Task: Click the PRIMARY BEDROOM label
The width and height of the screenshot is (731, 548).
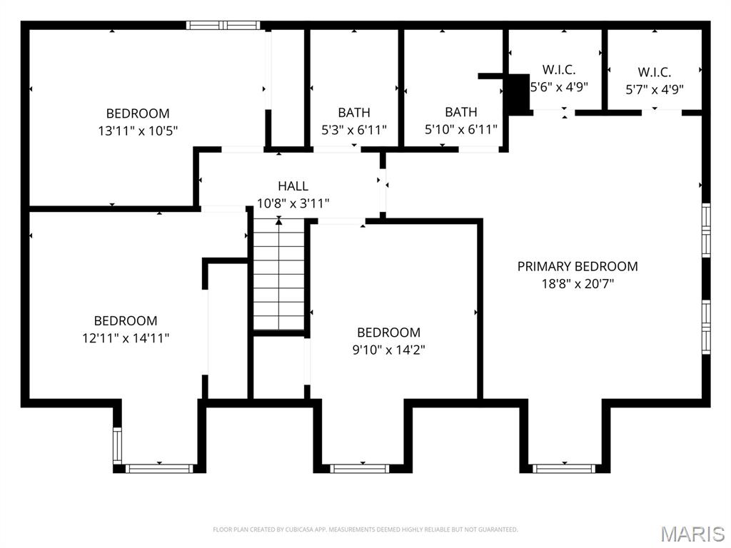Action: point(578,266)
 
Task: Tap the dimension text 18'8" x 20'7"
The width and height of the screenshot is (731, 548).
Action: point(578,283)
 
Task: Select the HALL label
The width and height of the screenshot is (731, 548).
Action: point(293,186)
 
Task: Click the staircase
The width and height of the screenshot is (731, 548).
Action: point(279,275)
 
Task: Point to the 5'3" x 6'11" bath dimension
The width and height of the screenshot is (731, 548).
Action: point(354,129)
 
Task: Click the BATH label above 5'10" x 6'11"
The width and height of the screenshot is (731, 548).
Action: point(460,112)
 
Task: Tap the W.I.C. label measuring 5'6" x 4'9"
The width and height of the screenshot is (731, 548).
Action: point(558,69)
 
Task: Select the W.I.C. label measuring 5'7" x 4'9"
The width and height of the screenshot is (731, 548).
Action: point(654,72)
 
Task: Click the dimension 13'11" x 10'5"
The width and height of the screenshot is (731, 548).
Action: point(138,131)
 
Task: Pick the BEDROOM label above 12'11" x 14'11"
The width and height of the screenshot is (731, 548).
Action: point(126,320)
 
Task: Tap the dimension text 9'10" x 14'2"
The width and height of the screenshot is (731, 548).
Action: point(389,350)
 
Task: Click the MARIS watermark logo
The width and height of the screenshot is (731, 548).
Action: point(692,534)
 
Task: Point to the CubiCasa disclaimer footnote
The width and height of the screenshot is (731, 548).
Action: point(365,529)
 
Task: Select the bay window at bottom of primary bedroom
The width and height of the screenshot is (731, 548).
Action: point(565,468)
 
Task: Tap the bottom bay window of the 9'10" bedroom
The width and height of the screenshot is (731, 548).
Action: point(361,468)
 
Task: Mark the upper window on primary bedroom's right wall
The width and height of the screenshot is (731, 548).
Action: point(706,230)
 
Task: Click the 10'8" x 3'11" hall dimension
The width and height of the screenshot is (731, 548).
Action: point(293,203)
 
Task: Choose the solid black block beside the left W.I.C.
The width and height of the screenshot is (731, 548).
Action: point(517,93)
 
